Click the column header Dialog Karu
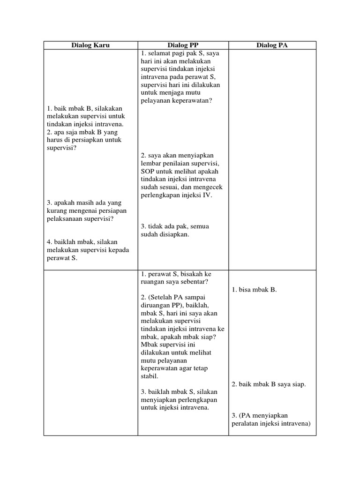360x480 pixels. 90,45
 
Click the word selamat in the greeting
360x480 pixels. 158,53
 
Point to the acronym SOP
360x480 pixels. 147,172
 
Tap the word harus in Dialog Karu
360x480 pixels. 55,140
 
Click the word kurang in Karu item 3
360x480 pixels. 56,211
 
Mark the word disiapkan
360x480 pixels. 175,234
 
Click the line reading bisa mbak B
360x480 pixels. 254,290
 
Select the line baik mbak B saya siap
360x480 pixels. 269,384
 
